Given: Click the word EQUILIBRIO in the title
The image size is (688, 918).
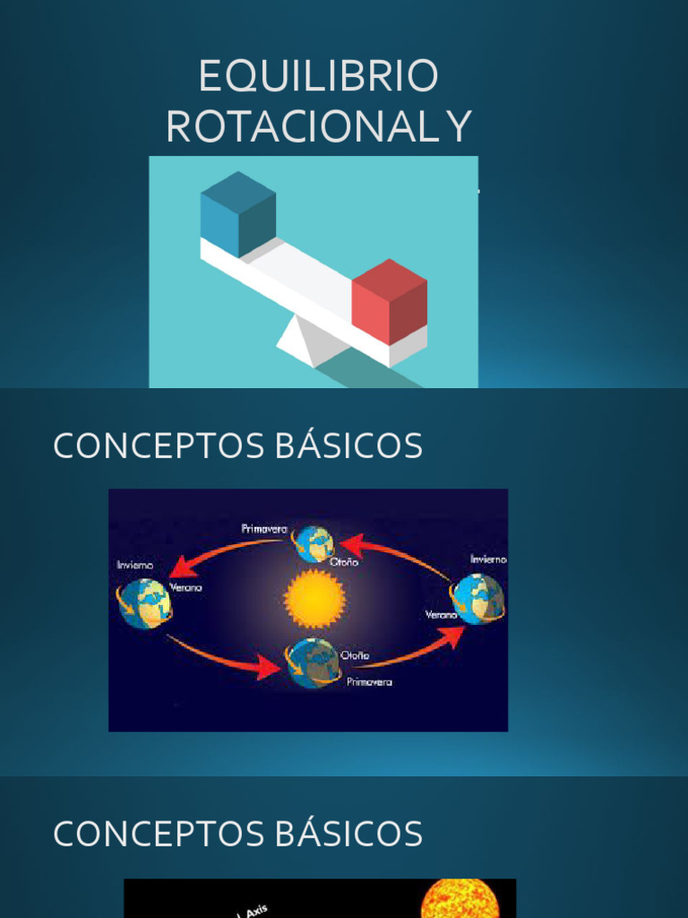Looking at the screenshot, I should pyautogui.click(x=318, y=77).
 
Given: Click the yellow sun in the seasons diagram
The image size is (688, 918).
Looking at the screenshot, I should pyautogui.click(x=314, y=599).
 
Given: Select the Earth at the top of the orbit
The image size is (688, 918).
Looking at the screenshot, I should pyautogui.click(x=314, y=544).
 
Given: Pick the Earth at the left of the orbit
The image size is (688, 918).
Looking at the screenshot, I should pyautogui.click(x=144, y=603).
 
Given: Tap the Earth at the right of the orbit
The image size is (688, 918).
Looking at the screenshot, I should pyautogui.click(x=477, y=598).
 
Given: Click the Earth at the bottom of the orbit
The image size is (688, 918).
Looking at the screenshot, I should pyautogui.click(x=314, y=663).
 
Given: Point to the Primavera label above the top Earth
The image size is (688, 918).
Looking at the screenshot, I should pyautogui.click(x=264, y=529).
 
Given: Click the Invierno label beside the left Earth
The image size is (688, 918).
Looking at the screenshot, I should pyautogui.click(x=135, y=566).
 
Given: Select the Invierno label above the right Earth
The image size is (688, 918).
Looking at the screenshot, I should pyautogui.click(x=488, y=559).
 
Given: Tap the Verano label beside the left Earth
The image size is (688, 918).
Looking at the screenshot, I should pyautogui.click(x=185, y=588).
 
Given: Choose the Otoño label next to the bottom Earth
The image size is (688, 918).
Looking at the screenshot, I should pyautogui.click(x=355, y=655).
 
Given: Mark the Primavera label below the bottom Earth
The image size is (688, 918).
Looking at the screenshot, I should pyautogui.click(x=369, y=682).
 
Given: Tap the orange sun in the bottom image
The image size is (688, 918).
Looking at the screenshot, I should pyautogui.click(x=458, y=899).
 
